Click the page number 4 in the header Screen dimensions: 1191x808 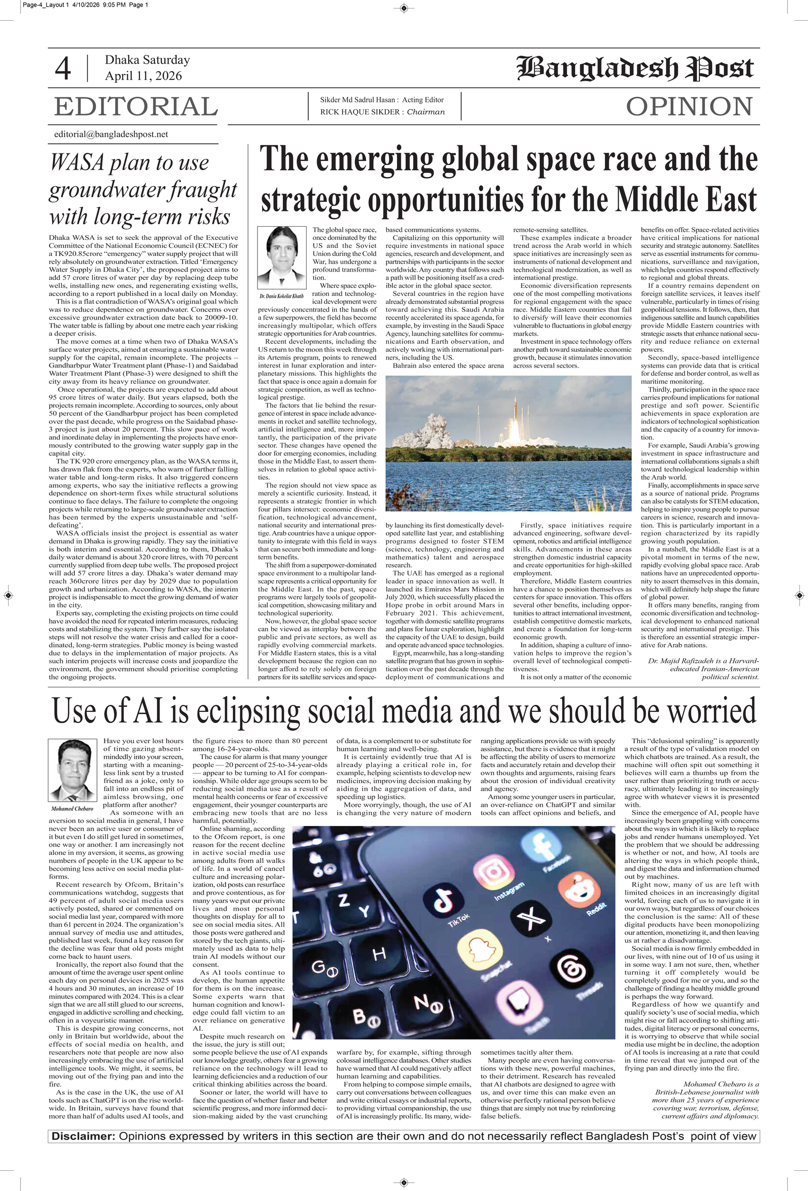pyautogui.click(x=63, y=69)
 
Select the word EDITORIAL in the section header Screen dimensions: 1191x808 pyautogui.click(x=136, y=107)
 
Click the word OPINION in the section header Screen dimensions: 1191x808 pyautogui.click(x=689, y=107)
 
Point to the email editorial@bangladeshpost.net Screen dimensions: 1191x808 pyautogui.click(x=111, y=134)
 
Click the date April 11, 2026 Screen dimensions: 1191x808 pyautogui.click(x=143, y=76)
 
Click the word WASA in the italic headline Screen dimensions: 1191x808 pyautogui.click(x=77, y=163)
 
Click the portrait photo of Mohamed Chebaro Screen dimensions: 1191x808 pyautogui.click(x=72, y=770)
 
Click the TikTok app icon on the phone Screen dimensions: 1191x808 pyautogui.click(x=443, y=901)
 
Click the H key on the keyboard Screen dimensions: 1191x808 pyautogui.click(x=379, y=954)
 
